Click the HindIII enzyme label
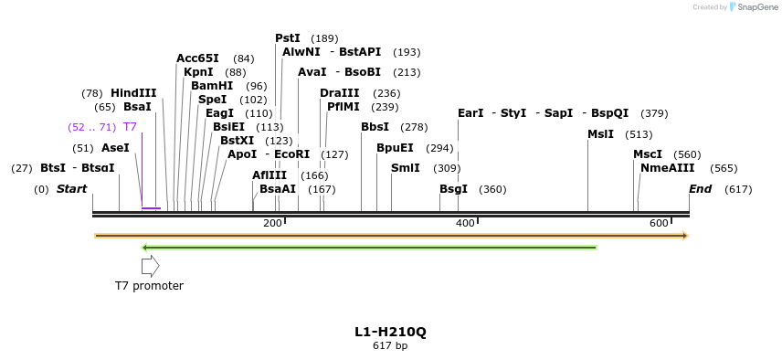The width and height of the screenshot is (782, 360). pyautogui.click(x=133, y=93)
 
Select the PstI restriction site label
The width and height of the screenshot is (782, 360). pyautogui.click(x=288, y=38)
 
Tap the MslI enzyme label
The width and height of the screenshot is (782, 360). pyautogui.click(x=601, y=134)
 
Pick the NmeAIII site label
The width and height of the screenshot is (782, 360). pyautogui.click(x=668, y=168)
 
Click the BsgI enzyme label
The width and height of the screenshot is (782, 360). pyautogui.click(x=453, y=189)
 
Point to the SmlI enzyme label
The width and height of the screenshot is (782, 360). pyautogui.click(x=406, y=168)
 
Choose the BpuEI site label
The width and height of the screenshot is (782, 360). pyautogui.click(x=395, y=148)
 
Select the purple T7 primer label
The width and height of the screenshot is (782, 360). pyautogui.click(x=130, y=127)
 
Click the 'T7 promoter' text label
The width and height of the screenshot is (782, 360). pyautogui.click(x=149, y=286)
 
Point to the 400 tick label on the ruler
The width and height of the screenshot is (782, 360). pyautogui.click(x=465, y=224)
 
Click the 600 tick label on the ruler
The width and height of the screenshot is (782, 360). pyautogui.click(x=659, y=224)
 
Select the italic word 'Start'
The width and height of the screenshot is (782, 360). pyautogui.click(x=72, y=189)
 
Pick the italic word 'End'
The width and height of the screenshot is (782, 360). pyautogui.click(x=700, y=189)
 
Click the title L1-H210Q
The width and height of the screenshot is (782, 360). pyautogui.click(x=390, y=332)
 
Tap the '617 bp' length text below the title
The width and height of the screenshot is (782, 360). pyautogui.click(x=390, y=345)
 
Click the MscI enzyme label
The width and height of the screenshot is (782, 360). pyautogui.click(x=648, y=154)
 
